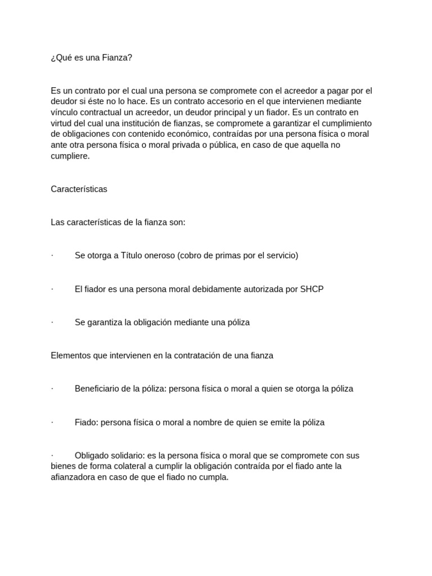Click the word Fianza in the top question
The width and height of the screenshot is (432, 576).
tap(117, 57)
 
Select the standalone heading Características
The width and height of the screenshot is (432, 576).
tap(79, 189)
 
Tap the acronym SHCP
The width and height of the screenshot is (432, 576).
tap(312, 289)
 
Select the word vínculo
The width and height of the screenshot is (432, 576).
tap(65, 112)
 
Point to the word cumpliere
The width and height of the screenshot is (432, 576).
tap(70, 156)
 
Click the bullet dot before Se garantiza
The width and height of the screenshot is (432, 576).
tap(52, 322)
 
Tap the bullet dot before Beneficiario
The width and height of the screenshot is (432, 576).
tap(52, 389)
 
